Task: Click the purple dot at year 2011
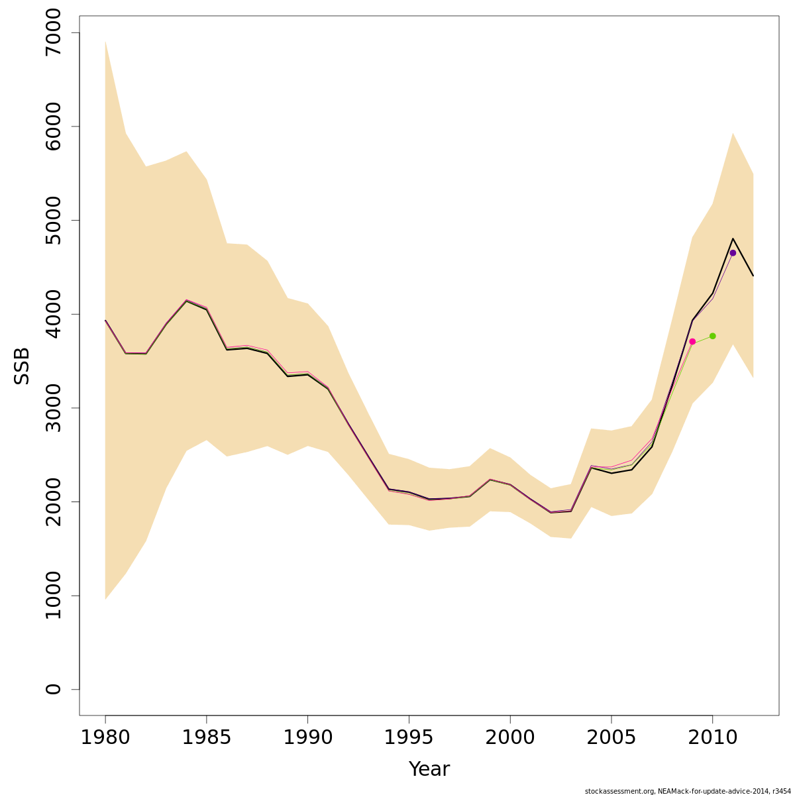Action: click(x=733, y=253)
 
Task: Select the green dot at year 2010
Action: click(x=713, y=336)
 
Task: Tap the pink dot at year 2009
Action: click(x=692, y=342)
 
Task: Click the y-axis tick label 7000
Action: click(x=53, y=33)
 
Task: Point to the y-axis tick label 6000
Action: click(x=53, y=127)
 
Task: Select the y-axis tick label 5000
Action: click(x=53, y=221)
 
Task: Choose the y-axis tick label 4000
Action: click(x=53, y=314)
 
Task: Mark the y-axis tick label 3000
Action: click(x=53, y=408)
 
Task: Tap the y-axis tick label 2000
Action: click(x=53, y=502)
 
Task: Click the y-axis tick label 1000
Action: click(x=53, y=596)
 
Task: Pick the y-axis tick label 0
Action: click(x=53, y=689)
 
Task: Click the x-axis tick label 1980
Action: click(x=105, y=737)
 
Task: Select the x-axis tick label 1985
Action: click(x=207, y=737)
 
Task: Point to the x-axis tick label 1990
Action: click(x=307, y=737)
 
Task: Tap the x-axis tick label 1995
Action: click(x=409, y=737)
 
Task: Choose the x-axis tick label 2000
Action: click(x=510, y=737)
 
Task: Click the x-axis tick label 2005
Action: click(x=611, y=737)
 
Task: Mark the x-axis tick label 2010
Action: click(x=712, y=737)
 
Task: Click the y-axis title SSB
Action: click(x=23, y=366)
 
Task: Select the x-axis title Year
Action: click(x=429, y=769)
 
